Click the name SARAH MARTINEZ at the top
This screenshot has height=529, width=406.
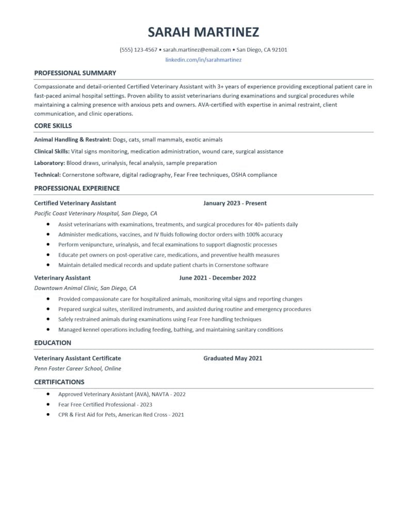click(x=203, y=32)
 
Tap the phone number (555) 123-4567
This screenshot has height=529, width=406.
click(x=138, y=50)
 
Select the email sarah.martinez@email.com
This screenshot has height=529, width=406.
click(x=197, y=50)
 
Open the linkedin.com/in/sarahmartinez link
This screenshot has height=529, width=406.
click(x=203, y=60)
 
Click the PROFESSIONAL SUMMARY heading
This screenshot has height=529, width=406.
click(x=75, y=73)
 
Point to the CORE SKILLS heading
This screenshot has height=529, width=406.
click(x=53, y=126)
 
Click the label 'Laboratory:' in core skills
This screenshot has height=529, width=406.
click(x=50, y=163)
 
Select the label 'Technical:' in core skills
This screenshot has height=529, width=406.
click(x=47, y=175)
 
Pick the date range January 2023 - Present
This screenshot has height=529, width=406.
click(x=235, y=204)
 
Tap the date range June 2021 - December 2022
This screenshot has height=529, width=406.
click(x=218, y=278)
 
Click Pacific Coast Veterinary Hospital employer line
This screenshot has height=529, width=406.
click(x=95, y=213)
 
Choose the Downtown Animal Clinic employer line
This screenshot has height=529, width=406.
click(x=85, y=288)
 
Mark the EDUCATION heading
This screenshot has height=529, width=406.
click(x=53, y=343)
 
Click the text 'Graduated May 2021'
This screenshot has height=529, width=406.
click(x=233, y=358)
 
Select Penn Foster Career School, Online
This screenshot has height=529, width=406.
click(x=77, y=369)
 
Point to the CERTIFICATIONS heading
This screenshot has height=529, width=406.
click(x=59, y=382)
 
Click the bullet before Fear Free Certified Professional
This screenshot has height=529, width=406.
click(x=48, y=404)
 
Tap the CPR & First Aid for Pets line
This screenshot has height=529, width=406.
click(x=121, y=415)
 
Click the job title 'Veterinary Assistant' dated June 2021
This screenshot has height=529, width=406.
click(x=62, y=278)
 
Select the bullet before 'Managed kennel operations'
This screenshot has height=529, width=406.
click(x=48, y=330)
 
